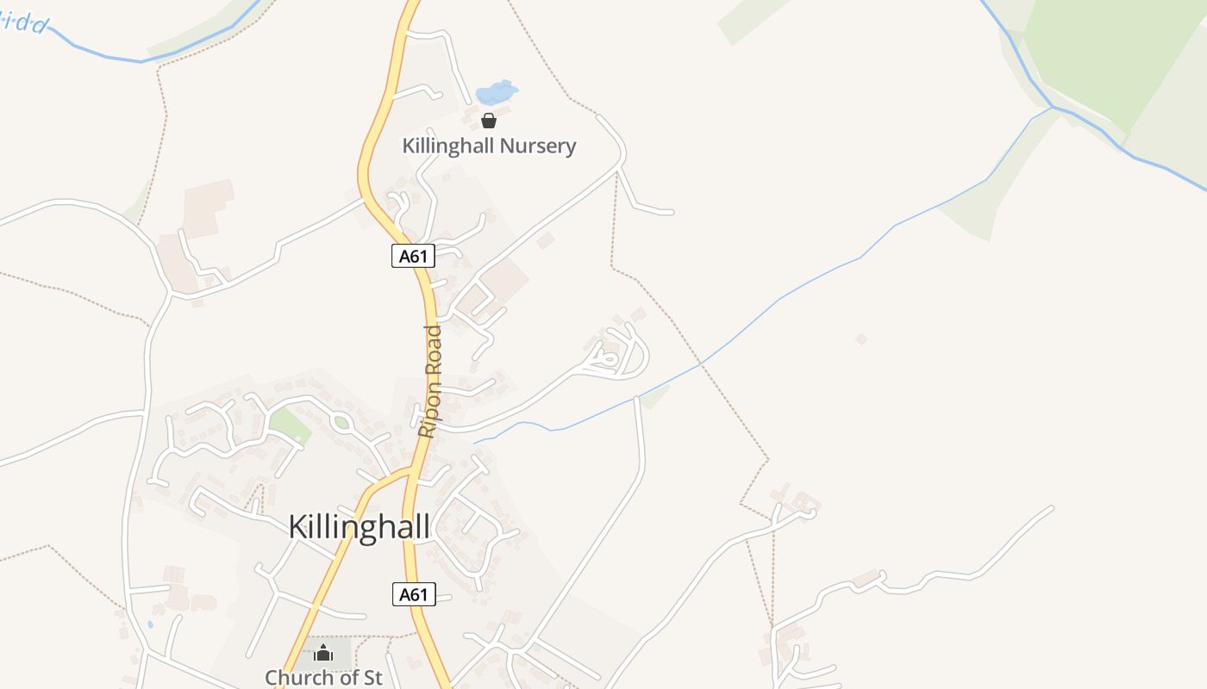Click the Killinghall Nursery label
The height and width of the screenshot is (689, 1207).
[x=489, y=146]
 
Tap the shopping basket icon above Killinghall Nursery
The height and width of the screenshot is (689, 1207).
[x=489, y=121]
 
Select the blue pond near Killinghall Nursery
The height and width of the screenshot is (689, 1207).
[x=497, y=91]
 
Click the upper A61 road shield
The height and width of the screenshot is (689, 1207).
[x=413, y=256]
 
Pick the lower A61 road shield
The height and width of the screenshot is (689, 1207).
[x=414, y=594]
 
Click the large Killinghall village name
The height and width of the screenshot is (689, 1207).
[x=359, y=526]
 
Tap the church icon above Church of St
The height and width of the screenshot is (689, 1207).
[x=323, y=653]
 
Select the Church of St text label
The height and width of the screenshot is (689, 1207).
[x=323, y=677]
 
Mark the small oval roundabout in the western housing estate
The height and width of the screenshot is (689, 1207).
[x=341, y=423]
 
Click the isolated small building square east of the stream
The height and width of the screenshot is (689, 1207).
[x=860, y=339]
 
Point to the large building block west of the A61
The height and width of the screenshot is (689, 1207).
[x=207, y=207]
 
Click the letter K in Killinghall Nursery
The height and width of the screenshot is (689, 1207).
[x=410, y=146]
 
